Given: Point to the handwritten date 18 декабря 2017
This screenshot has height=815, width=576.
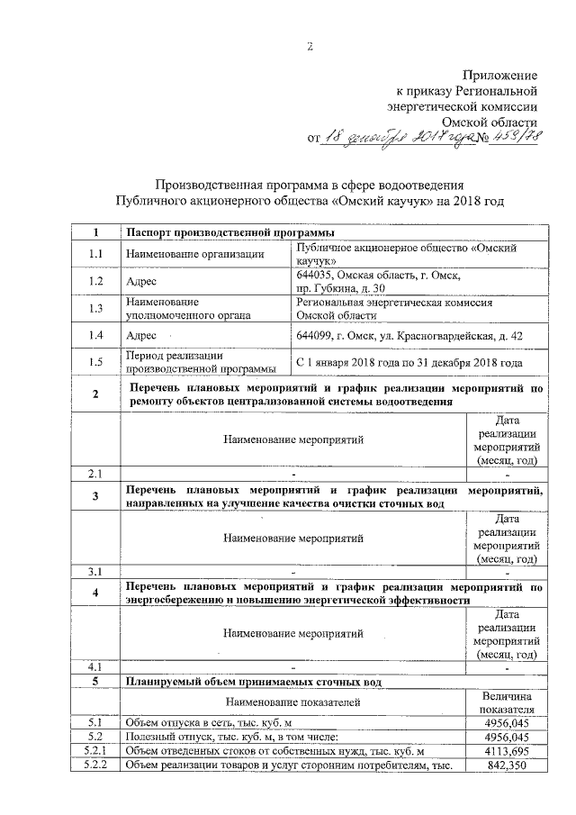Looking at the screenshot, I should click(x=391, y=138).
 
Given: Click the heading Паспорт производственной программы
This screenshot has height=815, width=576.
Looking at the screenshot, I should click(x=225, y=233).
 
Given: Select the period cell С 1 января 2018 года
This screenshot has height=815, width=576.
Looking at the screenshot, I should click(x=409, y=363).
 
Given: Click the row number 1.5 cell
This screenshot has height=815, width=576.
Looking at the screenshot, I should click(x=95, y=363).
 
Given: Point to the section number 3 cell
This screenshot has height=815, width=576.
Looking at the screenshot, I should click(x=95, y=497).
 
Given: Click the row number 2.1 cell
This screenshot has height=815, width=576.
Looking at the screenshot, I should click(x=95, y=473).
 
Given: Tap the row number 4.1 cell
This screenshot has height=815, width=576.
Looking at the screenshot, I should click(x=95, y=667).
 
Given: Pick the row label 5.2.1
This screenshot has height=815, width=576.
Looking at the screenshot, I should click(x=95, y=750).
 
